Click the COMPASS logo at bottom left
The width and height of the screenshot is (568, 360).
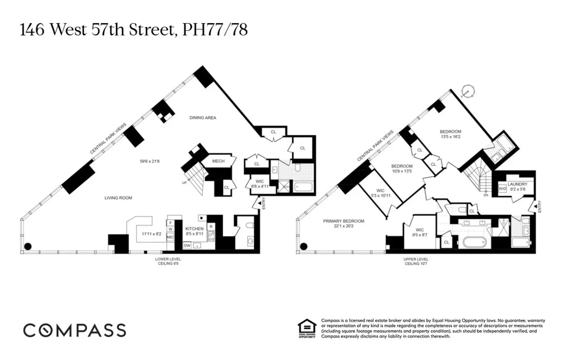[75, 330]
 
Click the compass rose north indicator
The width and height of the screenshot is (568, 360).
[468, 90]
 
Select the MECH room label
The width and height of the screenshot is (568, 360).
[218, 162]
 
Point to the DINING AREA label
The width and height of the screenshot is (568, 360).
[203, 117]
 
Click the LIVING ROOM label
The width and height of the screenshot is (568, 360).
[118, 198]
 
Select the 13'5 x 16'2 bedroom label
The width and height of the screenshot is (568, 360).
[450, 135]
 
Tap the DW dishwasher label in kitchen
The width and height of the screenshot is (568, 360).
[187, 245]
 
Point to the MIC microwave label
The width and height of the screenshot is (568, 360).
[170, 237]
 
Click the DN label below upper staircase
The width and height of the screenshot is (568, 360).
[485, 195]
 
